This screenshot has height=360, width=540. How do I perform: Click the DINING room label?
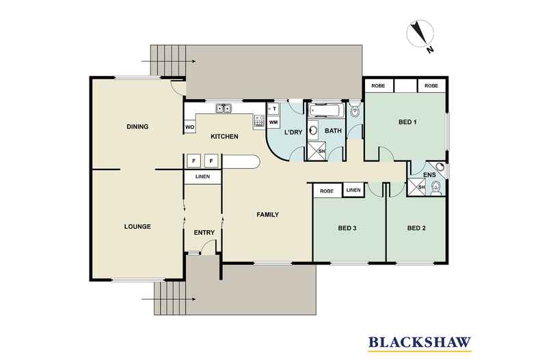coord(137,126)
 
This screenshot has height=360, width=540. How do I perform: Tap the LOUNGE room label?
coord(137,227)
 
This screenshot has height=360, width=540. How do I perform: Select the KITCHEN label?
coord(224,137)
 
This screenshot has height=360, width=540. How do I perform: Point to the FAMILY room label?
coord(267,214)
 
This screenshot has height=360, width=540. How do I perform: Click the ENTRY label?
coord(204,233)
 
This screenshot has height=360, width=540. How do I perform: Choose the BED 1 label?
coord(407,122)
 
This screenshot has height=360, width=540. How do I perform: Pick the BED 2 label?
coord(416,228)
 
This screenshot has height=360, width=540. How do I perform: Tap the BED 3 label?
coord(347,228)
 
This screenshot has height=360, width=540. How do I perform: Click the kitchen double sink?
coord(224,109)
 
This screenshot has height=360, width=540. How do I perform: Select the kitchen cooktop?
coord(259,121)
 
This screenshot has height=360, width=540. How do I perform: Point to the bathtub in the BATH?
coord(325,111)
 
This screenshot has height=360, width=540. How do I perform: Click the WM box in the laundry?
coord(273,122)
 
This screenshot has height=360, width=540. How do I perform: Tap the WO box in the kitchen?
coord(189,127)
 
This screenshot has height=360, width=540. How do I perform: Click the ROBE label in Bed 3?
coord(327,191)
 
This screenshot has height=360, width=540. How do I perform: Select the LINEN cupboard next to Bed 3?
coord(353,190)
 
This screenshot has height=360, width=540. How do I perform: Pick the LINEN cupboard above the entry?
coord(202,176)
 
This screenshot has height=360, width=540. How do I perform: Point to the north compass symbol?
coord(420,34)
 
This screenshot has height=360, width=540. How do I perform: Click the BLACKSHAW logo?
coord(420,343)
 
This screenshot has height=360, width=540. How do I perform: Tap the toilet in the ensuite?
coord(436,189)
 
